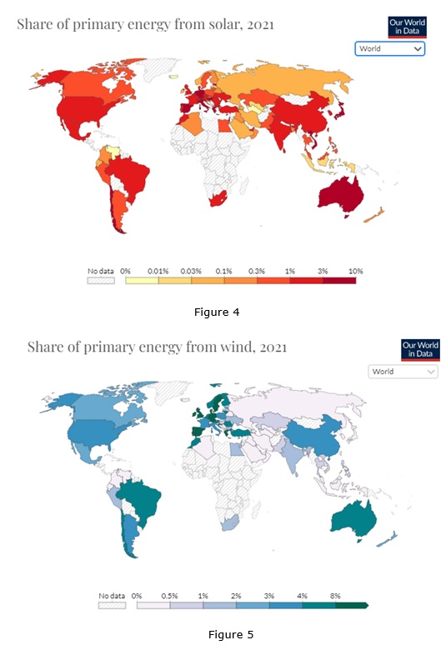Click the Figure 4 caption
click(217, 312)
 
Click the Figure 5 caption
click(231, 635)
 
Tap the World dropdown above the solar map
click(389, 48)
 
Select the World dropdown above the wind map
click(403, 372)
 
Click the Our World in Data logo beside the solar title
click(408, 27)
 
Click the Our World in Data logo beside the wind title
click(420, 350)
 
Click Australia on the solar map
click(341, 196)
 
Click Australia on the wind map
click(353, 519)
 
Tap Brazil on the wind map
click(141, 502)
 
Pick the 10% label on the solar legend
click(355, 271)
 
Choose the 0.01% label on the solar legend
click(158, 271)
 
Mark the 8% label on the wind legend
click(335, 596)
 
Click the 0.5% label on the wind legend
click(169, 596)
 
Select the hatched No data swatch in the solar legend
click(101, 281)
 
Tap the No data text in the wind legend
click(112, 596)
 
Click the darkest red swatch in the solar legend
click(339, 281)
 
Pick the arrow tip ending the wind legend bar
click(368, 605)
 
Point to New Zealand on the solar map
click(374, 215)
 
